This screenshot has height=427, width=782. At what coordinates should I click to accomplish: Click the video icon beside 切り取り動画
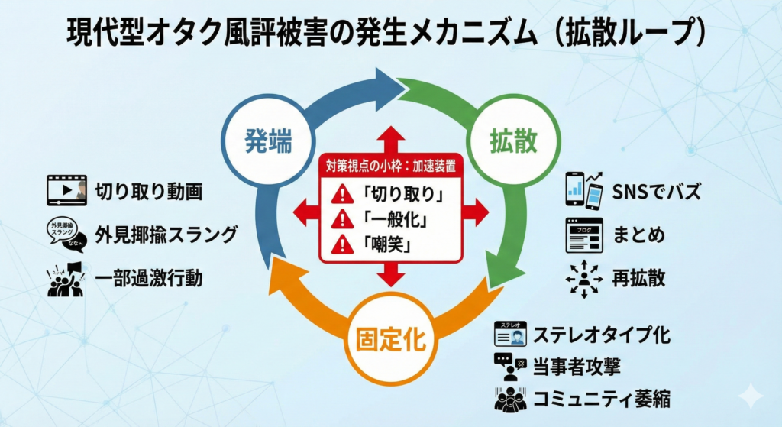click(x=66, y=190)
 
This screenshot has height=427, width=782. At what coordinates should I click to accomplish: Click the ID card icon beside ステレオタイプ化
click(x=512, y=335)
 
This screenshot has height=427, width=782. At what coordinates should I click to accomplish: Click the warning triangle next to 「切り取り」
click(x=340, y=194)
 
